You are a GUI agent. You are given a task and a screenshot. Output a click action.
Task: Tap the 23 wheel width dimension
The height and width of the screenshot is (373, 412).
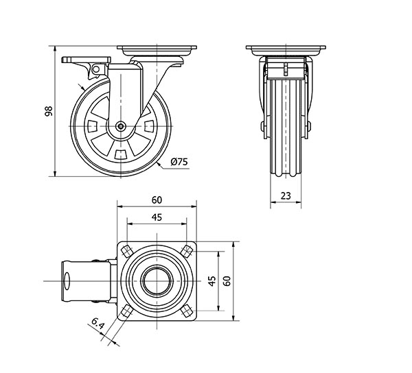tap(286, 196)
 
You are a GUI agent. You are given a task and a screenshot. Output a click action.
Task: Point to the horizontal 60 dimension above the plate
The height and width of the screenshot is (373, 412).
tap(157, 200)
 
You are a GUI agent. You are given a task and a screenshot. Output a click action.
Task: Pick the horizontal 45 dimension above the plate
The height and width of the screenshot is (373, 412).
tap(157, 217)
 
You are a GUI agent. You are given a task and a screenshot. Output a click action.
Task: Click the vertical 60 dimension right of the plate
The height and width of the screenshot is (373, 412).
tap(227, 280)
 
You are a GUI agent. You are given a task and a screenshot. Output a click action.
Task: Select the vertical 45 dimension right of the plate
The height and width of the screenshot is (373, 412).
tap(212, 280)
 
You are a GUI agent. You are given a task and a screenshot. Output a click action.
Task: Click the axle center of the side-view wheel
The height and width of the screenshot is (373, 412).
tap(121, 126)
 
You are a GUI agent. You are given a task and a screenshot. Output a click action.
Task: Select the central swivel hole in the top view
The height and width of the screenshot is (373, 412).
tap(157, 280)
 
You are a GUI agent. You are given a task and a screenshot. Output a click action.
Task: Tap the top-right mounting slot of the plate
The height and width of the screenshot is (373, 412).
tap(187, 250)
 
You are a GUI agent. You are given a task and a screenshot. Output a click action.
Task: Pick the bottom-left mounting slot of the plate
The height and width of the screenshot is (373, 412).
tap(127, 311)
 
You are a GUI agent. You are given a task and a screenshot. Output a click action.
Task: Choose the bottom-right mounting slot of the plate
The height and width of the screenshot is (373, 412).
tap(187, 311)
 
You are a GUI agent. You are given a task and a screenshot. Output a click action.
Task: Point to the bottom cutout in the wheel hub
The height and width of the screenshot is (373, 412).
tap(121, 152)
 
